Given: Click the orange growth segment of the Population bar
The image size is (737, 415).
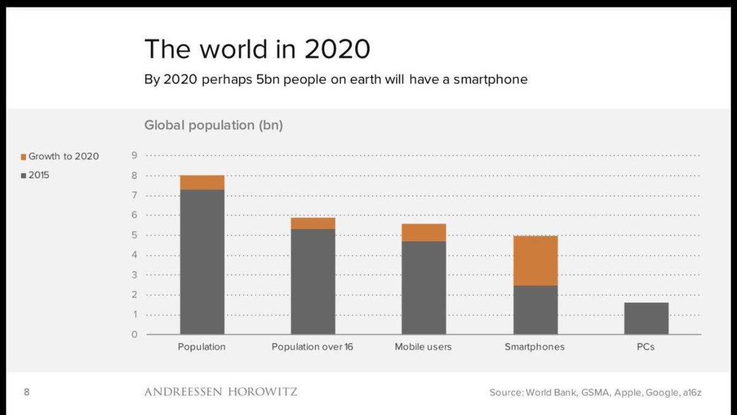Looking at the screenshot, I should [x=202, y=182].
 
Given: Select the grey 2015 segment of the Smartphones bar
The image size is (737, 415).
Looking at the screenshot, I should [x=535, y=310].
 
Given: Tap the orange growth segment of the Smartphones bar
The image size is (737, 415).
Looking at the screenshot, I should [x=535, y=260].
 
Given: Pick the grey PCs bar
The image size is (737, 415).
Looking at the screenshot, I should [x=646, y=318].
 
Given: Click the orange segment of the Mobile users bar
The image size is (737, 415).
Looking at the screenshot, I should [x=424, y=233].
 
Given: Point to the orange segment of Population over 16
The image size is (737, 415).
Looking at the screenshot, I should [x=313, y=224].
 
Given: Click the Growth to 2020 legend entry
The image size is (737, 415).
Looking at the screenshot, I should [x=63, y=157].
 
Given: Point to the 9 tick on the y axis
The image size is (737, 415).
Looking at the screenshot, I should [x=134, y=156].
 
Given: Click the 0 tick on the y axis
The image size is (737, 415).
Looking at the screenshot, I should [x=134, y=334].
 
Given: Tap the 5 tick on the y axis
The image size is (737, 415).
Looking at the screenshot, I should [x=134, y=235].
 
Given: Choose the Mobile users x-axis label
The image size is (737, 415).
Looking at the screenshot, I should [x=423, y=347].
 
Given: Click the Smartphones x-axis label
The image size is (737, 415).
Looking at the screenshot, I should [x=534, y=347].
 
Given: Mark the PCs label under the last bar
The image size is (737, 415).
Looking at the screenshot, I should [x=645, y=347].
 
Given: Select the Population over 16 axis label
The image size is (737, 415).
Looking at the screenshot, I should [x=312, y=347].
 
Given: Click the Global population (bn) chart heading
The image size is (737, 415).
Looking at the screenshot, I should [x=213, y=126].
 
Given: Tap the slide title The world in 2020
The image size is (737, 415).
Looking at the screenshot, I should [x=257, y=49].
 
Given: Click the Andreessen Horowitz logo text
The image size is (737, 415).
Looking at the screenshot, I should [x=221, y=392].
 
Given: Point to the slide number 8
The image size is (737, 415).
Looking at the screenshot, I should [x=26, y=392].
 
